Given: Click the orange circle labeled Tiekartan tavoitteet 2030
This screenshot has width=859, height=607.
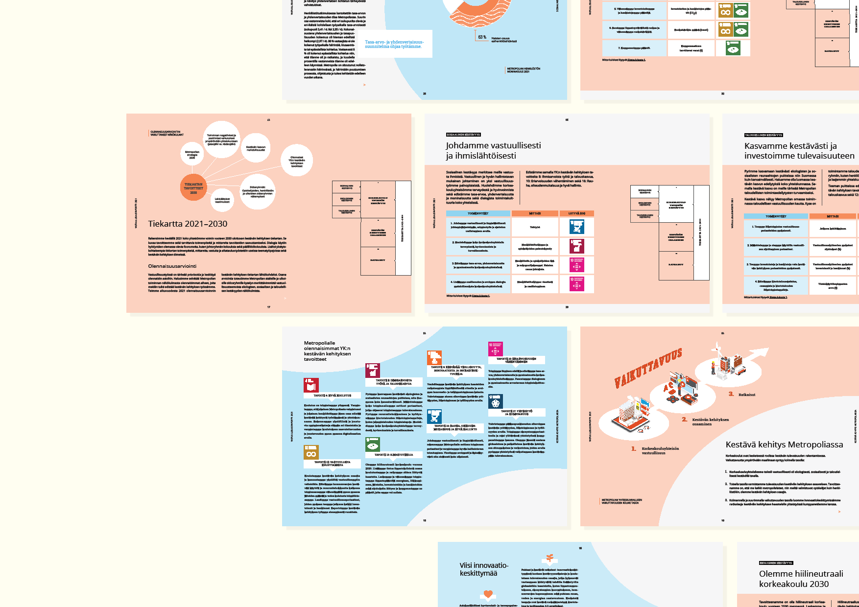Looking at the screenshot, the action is (x=193, y=187).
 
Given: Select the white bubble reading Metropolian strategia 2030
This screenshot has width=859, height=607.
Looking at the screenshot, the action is (x=192, y=155).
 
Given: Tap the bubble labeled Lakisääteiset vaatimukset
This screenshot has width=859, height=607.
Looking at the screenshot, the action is (x=222, y=200).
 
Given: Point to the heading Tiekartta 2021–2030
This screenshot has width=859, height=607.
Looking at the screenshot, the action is (x=188, y=224).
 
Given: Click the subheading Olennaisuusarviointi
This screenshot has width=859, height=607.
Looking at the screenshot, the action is (x=172, y=266).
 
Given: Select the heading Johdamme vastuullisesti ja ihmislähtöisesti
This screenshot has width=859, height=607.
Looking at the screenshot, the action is (x=493, y=150).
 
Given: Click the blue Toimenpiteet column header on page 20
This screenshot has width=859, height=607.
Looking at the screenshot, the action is (x=478, y=213).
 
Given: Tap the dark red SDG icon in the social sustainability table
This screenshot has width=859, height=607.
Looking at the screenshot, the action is (x=576, y=246).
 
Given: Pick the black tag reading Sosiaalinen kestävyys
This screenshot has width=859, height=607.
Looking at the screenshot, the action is (x=463, y=135).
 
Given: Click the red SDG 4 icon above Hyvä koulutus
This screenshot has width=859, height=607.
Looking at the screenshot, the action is (x=311, y=385).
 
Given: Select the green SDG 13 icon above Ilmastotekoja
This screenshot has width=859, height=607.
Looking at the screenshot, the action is (x=373, y=444).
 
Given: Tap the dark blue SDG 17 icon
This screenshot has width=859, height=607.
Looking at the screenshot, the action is (x=496, y=401).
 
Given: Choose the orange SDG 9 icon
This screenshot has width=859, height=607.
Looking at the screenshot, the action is (x=434, y=357).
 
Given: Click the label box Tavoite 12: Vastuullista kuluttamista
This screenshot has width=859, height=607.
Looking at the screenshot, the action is (x=332, y=463).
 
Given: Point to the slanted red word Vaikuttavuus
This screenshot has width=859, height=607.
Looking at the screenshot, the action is (x=648, y=368).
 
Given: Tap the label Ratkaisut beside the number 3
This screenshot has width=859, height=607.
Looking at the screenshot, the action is (x=747, y=395).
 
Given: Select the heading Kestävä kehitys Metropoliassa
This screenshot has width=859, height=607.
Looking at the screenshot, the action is (x=784, y=444).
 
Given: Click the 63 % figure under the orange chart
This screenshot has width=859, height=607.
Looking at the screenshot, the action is (x=482, y=37).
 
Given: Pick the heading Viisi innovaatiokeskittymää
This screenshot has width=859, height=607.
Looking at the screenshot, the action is (x=484, y=569).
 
